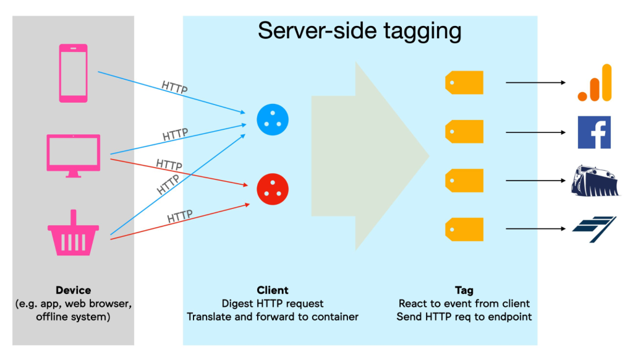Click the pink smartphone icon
pos(74,72)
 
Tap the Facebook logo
pos(594,132)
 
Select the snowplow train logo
pos(595,181)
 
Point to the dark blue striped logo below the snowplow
pos(594,229)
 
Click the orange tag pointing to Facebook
pos(464,132)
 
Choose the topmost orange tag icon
pos(464,83)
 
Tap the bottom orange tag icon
pos(464,229)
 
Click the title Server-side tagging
pos(359,30)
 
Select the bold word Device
pos(73,290)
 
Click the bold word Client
pos(273,290)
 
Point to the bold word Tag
pos(464,290)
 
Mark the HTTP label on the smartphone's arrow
pos(174,87)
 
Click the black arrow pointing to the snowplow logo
pos(536,181)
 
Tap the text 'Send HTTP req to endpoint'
pos(464,317)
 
